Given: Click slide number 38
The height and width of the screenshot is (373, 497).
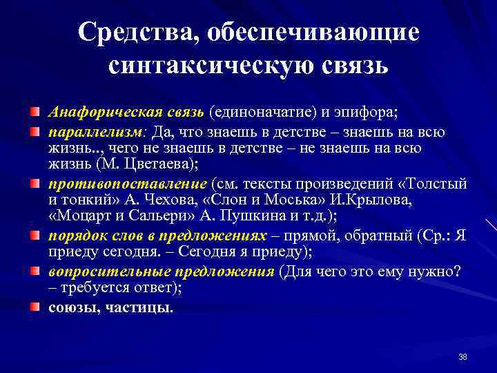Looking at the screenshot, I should click(x=462, y=356).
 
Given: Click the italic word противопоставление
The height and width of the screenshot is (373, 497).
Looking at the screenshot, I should click(x=127, y=183).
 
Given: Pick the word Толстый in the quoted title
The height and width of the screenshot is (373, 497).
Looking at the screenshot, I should click(x=439, y=183).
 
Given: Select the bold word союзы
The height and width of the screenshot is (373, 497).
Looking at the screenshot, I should click(x=71, y=307).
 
